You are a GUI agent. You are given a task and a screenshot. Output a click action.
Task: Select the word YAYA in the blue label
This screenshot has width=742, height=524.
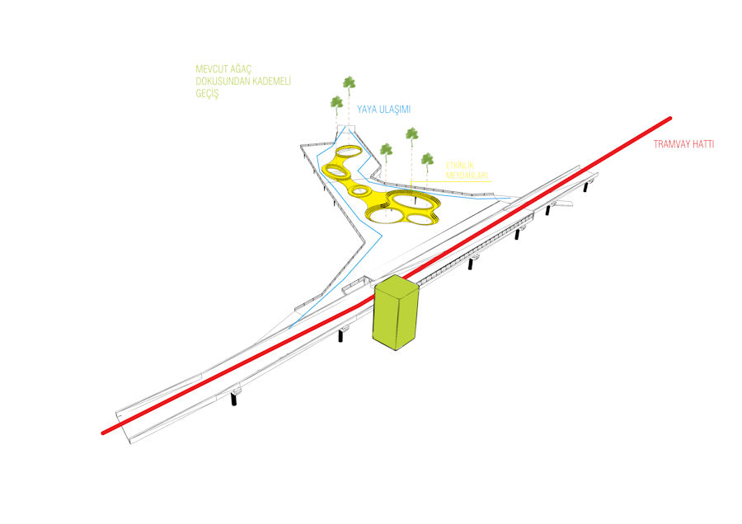coord(368,109)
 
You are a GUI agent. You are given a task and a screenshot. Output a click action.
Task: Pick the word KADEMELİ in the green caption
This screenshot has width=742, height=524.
coord(272,82)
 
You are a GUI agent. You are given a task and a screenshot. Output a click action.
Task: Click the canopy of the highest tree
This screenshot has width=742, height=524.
coord(350,82)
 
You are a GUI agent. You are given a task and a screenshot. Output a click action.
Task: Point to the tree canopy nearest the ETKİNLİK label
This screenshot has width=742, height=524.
coord(426,158)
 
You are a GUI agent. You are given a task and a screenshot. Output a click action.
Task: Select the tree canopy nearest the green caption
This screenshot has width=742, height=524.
coord(336,102)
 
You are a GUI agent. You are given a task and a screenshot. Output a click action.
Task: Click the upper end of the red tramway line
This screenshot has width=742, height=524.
coord(669,119)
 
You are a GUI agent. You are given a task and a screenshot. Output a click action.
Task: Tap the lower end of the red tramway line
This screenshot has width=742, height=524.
coord(104,431)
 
